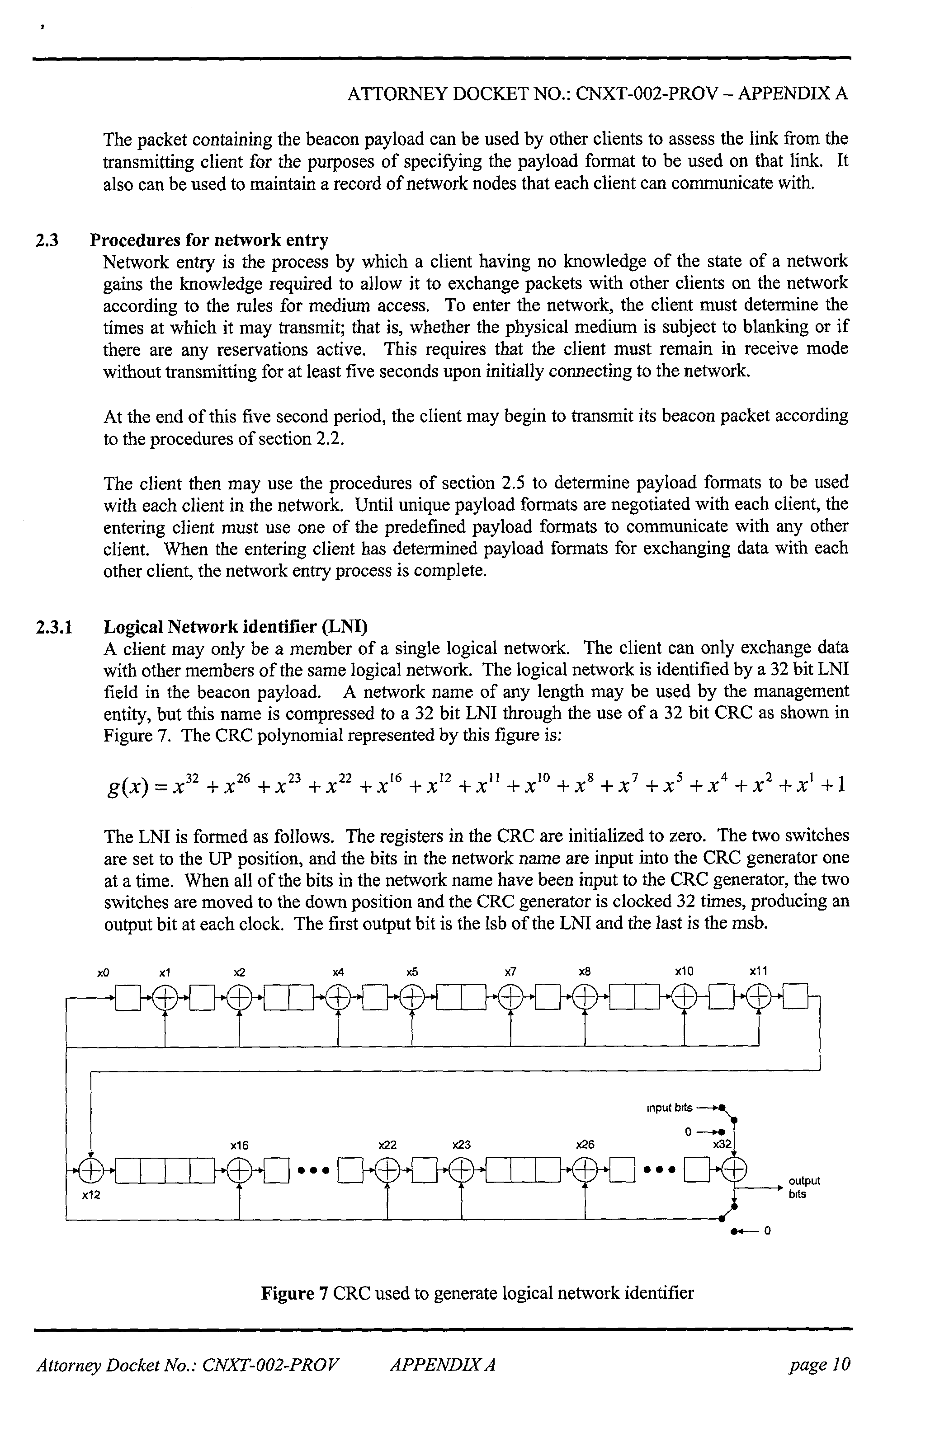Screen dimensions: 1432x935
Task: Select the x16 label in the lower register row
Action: pos(240,1145)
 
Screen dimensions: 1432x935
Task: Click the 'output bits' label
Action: pos(804,1187)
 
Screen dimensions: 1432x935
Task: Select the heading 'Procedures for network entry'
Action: pos(209,240)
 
